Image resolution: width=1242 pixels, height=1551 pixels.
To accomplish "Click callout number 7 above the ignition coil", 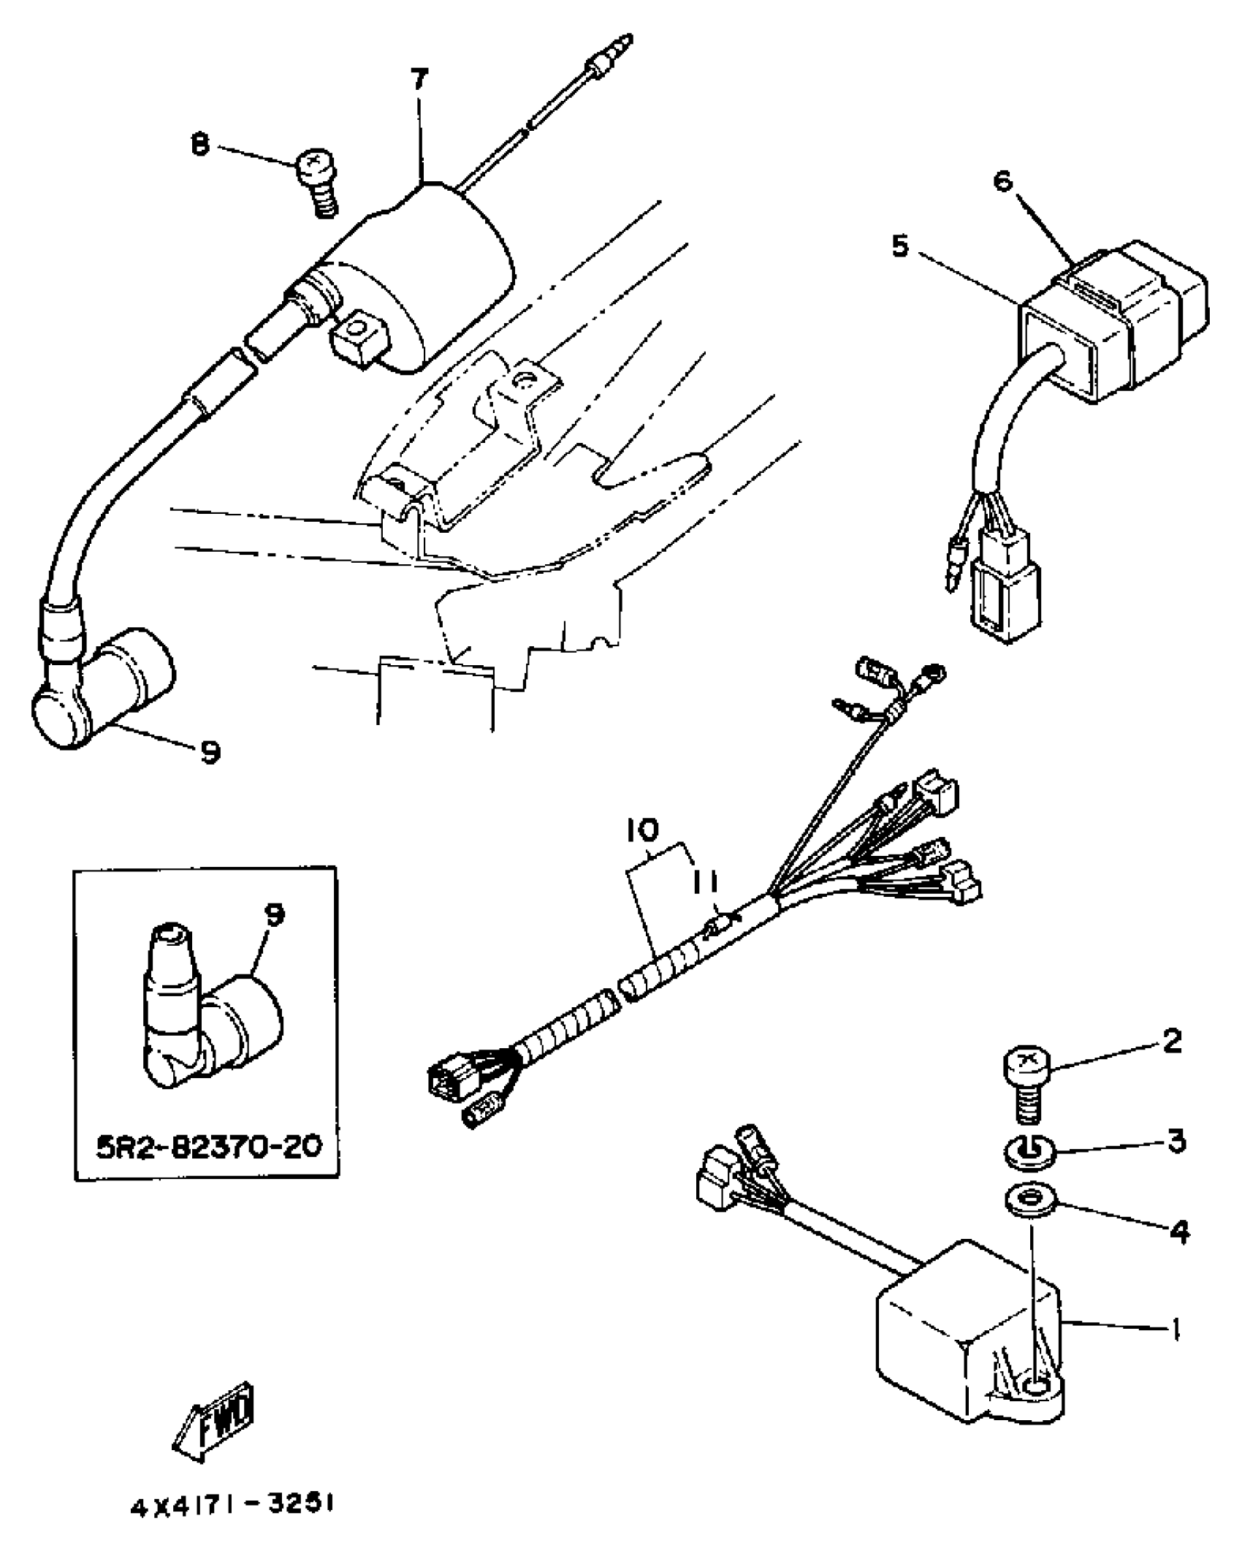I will tap(419, 79).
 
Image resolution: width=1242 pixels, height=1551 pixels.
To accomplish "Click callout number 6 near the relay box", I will tap(1004, 180).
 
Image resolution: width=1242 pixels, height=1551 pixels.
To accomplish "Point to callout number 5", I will tap(901, 246).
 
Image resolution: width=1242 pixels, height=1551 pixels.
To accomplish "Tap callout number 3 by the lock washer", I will tap(1176, 1142).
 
